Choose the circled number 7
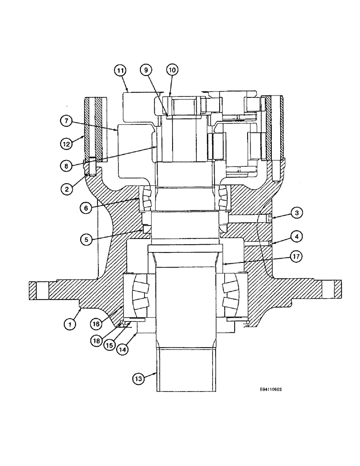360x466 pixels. [x=66, y=120]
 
